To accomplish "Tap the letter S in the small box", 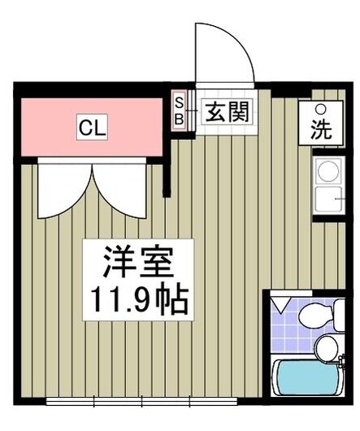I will [180, 103].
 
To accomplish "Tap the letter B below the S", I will [180, 117].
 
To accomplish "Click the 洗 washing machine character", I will [321, 129].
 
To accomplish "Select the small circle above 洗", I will [321, 110].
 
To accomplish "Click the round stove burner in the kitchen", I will [327, 172].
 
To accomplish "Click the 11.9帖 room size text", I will [136, 300].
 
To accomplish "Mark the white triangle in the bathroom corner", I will [280, 304].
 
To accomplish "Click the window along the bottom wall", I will [143, 402].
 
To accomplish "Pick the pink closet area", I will [49, 126].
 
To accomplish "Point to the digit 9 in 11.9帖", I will [153, 301].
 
